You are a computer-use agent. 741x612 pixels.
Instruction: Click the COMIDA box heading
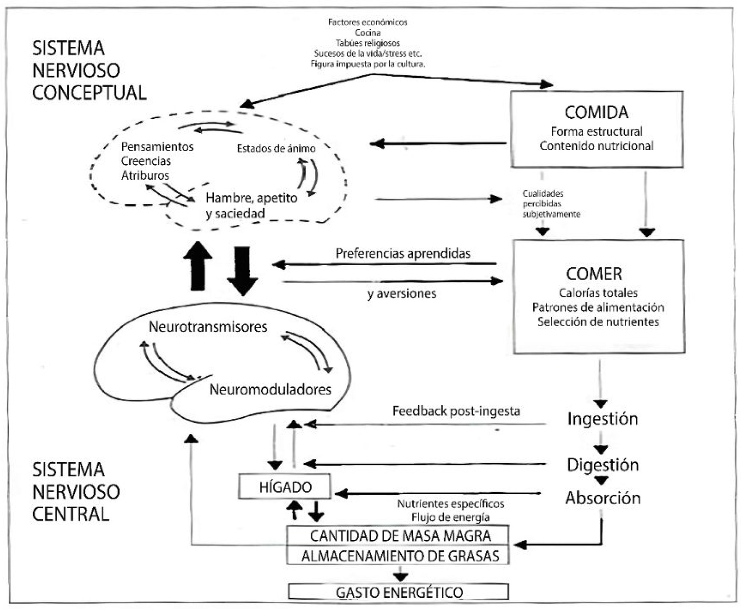(x=596, y=112)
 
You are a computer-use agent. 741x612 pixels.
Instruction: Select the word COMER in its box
(x=594, y=274)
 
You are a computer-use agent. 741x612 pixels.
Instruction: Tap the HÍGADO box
(x=285, y=487)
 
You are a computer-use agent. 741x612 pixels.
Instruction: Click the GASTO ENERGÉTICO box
(x=399, y=593)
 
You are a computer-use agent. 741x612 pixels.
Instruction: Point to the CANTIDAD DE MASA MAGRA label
(x=400, y=536)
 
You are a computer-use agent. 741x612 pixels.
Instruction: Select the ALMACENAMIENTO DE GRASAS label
(x=400, y=556)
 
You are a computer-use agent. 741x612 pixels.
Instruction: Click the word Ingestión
(x=602, y=419)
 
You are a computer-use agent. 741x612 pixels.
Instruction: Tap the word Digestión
(x=602, y=465)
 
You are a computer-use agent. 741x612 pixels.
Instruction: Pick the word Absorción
(x=602, y=498)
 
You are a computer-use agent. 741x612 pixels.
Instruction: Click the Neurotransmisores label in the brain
(x=208, y=327)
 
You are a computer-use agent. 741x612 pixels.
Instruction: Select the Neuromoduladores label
(x=270, y=390)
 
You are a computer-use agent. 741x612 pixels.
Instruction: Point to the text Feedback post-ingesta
(x=456, y=411)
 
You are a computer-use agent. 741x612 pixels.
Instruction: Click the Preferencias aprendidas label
(x=402, y=254)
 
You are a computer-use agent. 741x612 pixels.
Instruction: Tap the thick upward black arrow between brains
(x=198, y=266)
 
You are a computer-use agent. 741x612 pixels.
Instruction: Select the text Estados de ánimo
(x=276, y=149)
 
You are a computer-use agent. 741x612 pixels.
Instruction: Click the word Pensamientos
(x=157, y=147)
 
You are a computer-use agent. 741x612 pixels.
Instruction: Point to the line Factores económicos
(x=367, y=22)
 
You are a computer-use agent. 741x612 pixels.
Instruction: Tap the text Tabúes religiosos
(x=367, y=43)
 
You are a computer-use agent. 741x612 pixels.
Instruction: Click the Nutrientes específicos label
(x=450, y=504)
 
